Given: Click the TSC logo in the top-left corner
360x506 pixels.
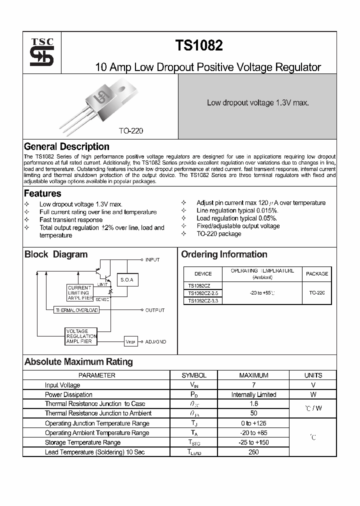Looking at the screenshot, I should (x=41, y=51).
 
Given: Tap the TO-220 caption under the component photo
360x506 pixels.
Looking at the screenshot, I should (x=131, y=130).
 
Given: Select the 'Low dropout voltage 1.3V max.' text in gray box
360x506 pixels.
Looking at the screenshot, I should (x=257, y=102).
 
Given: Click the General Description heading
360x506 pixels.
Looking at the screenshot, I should (x=66, y=146).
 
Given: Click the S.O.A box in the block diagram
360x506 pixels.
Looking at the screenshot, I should (x=127, y=280).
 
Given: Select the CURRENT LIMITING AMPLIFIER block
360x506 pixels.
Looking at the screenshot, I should (x=79, y=293).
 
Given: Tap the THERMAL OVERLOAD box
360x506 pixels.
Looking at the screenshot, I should (x=76, y=310).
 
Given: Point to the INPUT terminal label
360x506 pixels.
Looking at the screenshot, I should (x=152, y=260).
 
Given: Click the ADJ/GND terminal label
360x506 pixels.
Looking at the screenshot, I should (x=155, y=342).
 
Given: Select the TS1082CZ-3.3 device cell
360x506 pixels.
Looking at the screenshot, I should (x=202, y=300).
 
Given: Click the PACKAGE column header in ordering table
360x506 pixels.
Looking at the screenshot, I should (x=317, y=273).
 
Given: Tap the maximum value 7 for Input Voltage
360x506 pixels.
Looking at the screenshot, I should (x=253, y=385).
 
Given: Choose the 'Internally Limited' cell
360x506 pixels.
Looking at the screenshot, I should (x=253, y=394).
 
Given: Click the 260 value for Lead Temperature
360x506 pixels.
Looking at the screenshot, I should (x=253, y=452).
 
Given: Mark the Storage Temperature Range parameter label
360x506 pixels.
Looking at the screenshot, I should (x=82, y=442).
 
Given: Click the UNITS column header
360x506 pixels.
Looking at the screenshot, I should (x=313, y=375).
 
